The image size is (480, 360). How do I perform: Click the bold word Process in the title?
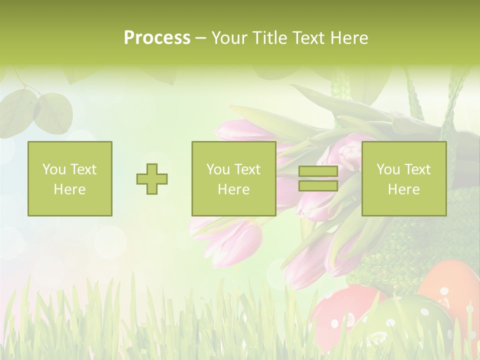pos(157,38)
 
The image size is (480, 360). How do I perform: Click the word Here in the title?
pos(349,38)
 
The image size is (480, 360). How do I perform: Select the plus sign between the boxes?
pos(152,179)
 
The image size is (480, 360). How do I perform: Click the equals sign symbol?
pos(318,178)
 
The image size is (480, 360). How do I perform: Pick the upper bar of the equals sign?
pos(318,172)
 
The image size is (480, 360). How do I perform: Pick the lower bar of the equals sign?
pos(318,185)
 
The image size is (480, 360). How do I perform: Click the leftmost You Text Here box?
pos(70,178)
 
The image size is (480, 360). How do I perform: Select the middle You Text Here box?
pos(233,178)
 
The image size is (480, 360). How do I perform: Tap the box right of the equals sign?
pos(404,178)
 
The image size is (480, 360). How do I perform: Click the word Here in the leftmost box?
pos(70,189)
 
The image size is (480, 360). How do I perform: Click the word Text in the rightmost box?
pos(418,169)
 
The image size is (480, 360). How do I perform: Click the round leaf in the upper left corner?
pos(52,112)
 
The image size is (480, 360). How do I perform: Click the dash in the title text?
pos(200,38)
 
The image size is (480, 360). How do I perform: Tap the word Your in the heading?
pos(228,38)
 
